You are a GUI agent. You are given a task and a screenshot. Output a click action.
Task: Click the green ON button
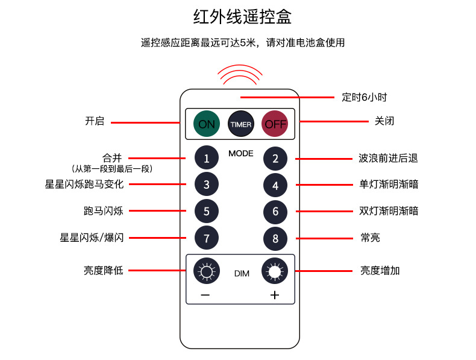tap(206, 124)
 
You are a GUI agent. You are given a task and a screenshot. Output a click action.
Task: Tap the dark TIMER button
tap(240, 124)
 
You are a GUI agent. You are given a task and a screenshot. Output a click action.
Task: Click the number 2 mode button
tap(275, 159)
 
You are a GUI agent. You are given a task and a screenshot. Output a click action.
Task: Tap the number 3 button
tap(207, 185)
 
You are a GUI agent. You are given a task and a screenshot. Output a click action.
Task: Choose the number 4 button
tap(275, 185)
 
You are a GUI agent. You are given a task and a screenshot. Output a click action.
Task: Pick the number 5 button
tap(207, 211)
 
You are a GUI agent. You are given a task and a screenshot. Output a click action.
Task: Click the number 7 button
tap(207, 238)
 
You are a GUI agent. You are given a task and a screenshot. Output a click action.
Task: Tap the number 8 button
tap(275, 238)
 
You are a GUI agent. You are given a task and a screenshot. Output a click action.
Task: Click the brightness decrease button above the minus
tap(207, 271)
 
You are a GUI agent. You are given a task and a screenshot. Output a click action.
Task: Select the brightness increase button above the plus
tap(275, 271)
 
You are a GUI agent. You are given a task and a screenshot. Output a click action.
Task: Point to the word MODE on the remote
tap(240, 153)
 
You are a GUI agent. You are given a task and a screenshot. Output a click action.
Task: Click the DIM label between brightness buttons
tap(241, 274)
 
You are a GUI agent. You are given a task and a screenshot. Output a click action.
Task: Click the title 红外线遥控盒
tap(242, 17)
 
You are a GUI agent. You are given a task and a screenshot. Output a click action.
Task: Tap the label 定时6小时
tap(364, 96)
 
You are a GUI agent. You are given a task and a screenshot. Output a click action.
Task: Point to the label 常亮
tap(370, 238)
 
